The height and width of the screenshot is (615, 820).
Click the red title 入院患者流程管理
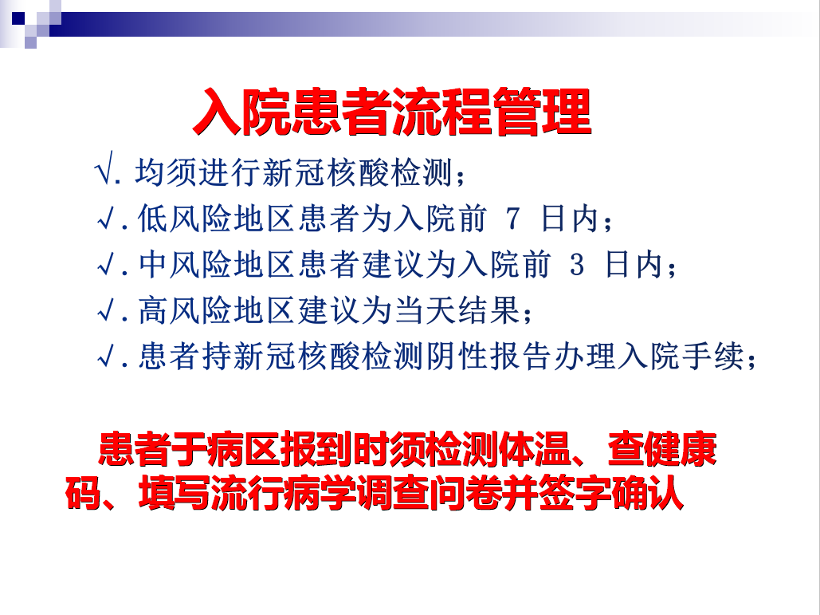click(392, 112)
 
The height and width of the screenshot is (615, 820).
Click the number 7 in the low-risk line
click(512, 219)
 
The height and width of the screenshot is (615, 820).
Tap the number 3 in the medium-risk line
click(576, 265)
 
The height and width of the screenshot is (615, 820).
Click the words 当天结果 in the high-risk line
click(457, 310)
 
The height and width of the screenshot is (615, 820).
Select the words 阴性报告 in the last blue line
click(488, 357)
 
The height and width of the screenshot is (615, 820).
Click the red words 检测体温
click(500, 448)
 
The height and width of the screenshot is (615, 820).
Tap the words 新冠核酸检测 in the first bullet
click(357, 171)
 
